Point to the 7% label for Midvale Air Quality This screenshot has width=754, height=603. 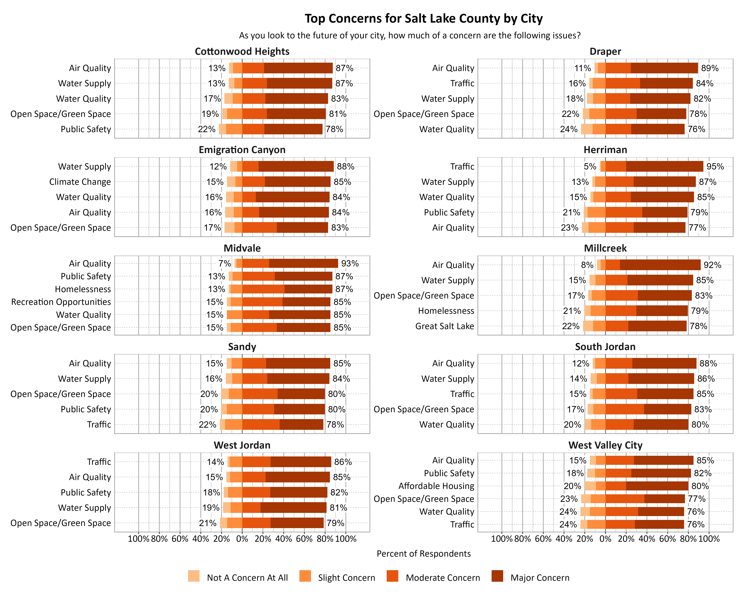225,264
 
